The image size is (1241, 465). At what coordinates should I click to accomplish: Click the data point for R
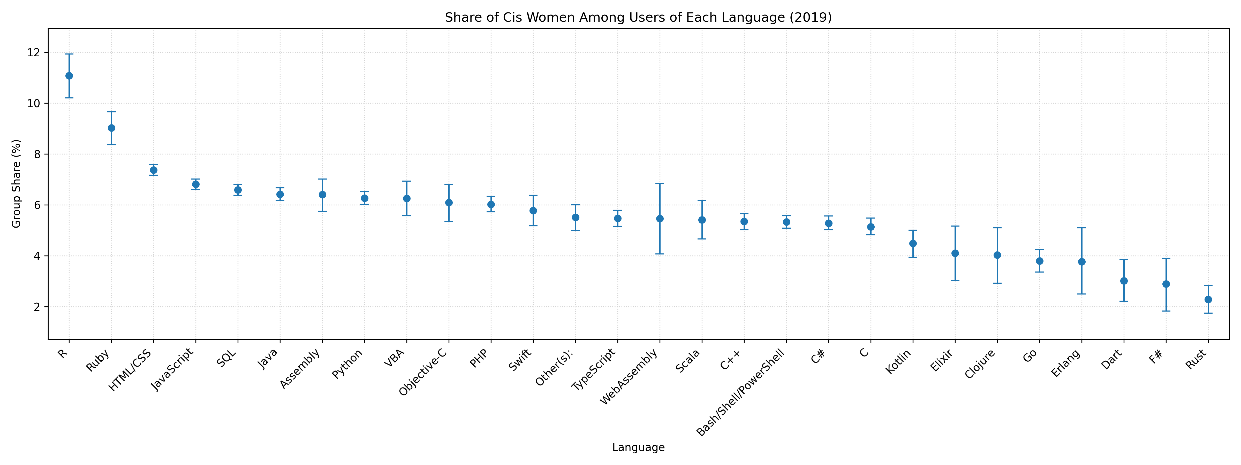[x=69, y=76]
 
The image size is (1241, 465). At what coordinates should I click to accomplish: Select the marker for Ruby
[x=111, y=128]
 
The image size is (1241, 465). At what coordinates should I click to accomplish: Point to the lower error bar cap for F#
[x=1166, y=311]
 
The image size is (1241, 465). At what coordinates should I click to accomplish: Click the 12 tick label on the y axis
[x=34, y=52]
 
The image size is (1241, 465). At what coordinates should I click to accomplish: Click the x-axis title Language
[x=638, y=448]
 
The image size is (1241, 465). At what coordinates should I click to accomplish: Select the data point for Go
[x=1040, y=261]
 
